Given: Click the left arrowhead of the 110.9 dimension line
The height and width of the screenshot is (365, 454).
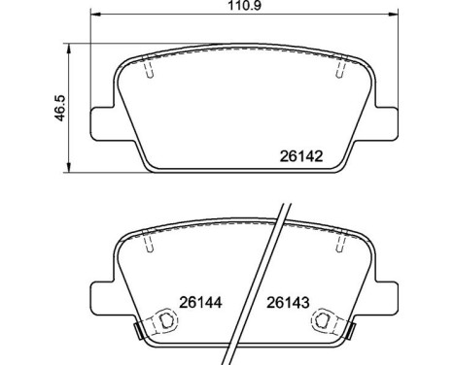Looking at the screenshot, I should click(x=93, y=17).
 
